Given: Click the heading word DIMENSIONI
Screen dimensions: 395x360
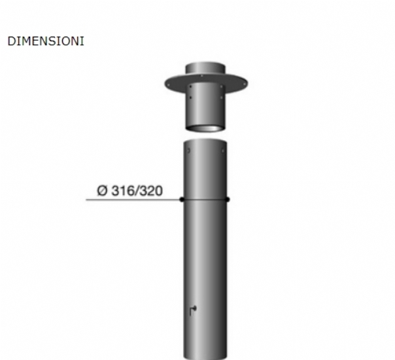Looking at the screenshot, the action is pyautogui.click(x=46, y=41).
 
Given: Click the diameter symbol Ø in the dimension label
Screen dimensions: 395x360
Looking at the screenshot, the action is pyautogui.click(x=102, y=190).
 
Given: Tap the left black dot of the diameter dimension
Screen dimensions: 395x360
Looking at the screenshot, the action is pyautogui.click(x=182, y=200).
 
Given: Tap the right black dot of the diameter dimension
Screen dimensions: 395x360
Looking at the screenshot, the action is pyautogui.click(x=227, y=200).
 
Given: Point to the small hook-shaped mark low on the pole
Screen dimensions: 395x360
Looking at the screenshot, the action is pyautogui.click(x=193, y=310).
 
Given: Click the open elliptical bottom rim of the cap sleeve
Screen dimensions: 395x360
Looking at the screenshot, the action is pyautogui.click(x=205, y=128).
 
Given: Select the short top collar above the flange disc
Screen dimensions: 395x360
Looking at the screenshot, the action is pyautogui.click(x=205, y=68).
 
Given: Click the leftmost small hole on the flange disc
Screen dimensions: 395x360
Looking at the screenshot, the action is pyautogui.click(x=168, y=86).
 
